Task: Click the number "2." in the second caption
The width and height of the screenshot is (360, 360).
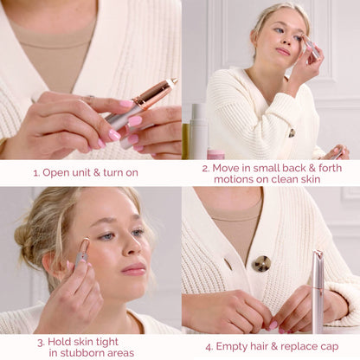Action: (206, 167)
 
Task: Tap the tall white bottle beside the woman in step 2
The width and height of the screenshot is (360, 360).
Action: (198, 130)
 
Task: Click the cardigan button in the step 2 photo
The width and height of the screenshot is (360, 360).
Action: (292, 132)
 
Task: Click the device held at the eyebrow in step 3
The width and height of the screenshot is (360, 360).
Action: (82, 252)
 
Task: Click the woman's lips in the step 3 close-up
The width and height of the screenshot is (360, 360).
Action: (133, 269)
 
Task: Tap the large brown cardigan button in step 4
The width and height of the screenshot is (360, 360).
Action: (261, 263)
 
